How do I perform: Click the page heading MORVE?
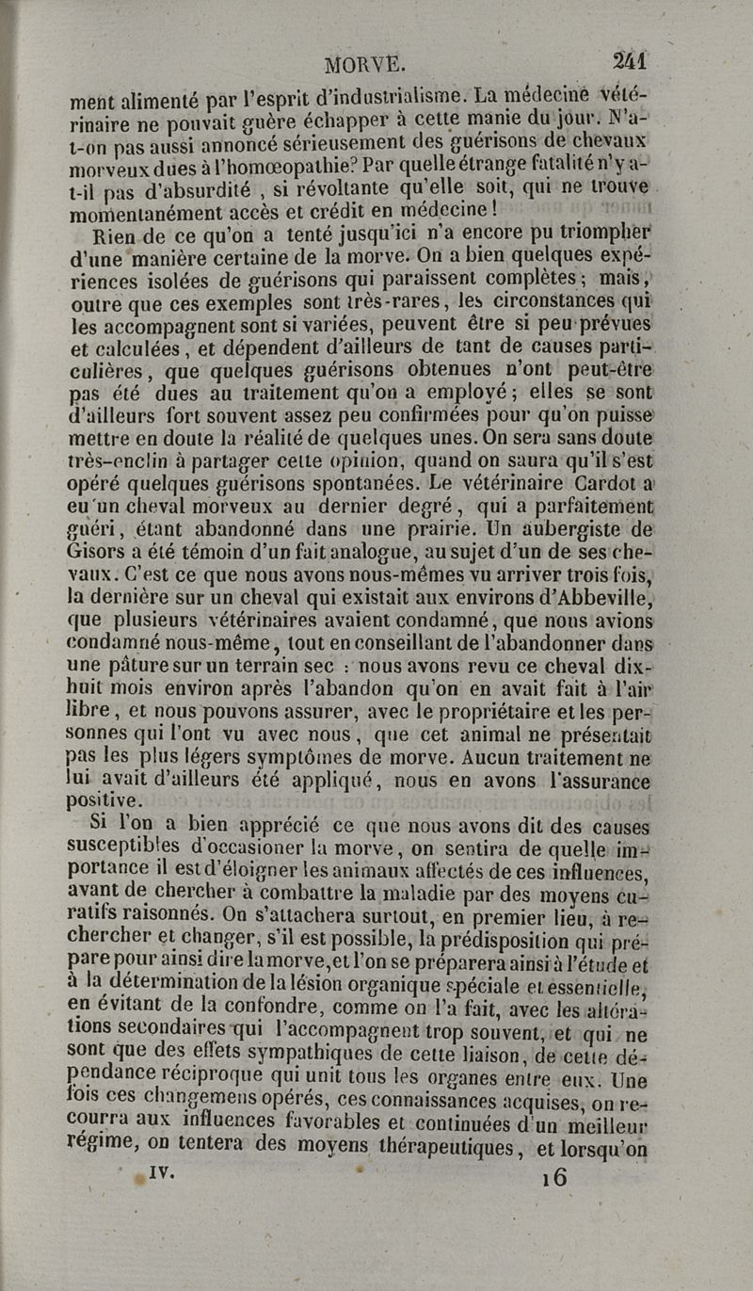364,66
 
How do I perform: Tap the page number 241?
629,61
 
